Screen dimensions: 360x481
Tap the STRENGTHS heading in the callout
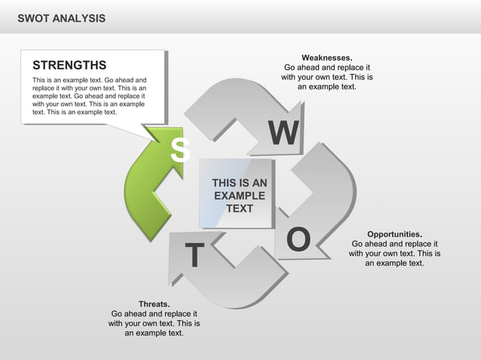69,66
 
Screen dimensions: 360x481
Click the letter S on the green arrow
179,150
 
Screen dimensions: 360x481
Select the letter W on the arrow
283,134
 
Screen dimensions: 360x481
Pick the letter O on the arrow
299,239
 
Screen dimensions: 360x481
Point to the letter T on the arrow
194,256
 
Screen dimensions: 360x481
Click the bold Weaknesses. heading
326,57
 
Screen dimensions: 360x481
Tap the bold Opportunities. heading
394,234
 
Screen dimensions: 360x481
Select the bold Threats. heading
154,304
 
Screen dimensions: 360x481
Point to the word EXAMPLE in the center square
240,196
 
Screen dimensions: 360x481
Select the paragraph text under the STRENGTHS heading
89,96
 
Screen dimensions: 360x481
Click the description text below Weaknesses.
326,77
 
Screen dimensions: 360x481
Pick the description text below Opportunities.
394,254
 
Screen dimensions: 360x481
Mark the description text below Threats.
154,323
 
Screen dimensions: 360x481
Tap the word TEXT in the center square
240,209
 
